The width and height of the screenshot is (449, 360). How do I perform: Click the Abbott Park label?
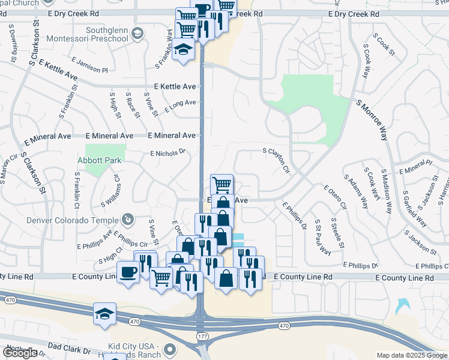[100, 160]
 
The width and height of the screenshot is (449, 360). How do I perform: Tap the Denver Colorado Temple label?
[73, 220]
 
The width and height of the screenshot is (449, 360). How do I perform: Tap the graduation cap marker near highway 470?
[104, 314]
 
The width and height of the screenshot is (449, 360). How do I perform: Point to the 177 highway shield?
[202, 337]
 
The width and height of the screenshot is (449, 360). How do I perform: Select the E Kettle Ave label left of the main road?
[175, 87]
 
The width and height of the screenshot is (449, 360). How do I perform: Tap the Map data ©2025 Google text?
[411, 355]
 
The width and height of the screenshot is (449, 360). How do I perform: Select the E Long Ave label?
[180, 104]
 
